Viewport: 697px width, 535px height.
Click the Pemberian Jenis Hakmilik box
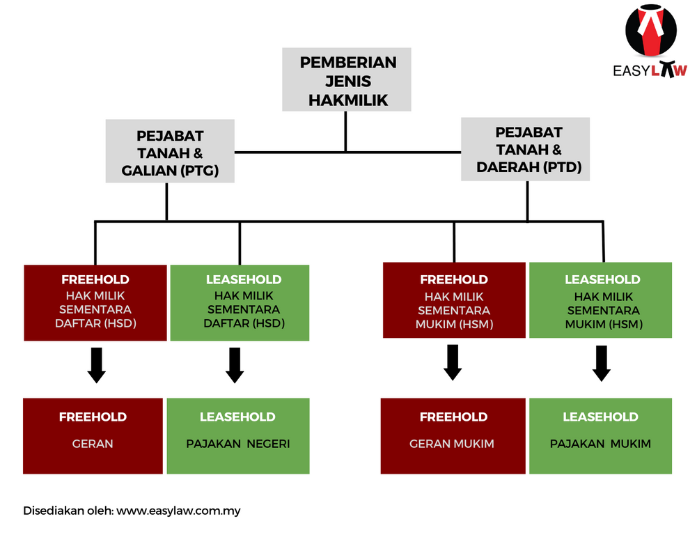click(346, 79)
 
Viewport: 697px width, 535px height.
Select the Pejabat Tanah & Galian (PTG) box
click(170, 151)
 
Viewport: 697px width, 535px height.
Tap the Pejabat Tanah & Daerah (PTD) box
click(526, 150)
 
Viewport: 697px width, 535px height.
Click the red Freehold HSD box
click(95, 303)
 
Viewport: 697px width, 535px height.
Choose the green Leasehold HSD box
click(240, 303)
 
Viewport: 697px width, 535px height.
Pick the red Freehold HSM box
click(454, 300)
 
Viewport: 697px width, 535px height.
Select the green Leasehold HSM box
click(600, 300)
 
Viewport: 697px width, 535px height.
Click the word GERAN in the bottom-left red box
click(93, 444)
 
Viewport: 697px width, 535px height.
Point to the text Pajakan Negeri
click(238, 444)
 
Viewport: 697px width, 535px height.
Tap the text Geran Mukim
click(452, 444)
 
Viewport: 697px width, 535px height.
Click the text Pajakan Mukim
click(600, 444)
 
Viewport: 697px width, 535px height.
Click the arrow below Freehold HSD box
click(97, 366)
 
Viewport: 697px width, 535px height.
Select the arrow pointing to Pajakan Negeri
click(235, 366)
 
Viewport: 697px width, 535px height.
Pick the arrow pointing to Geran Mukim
click(453, 363)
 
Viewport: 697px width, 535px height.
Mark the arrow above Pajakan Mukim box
click(602, 364)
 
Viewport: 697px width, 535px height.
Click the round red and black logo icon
click(651, 30)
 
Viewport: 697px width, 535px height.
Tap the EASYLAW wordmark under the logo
click(650, 70)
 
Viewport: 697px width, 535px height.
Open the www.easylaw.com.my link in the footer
click(178, 511)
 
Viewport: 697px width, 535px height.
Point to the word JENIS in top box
click(348, 82)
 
